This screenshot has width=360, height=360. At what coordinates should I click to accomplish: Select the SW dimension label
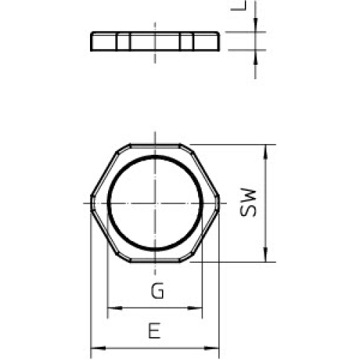(248, 204)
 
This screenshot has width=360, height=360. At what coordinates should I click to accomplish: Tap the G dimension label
(156, 292)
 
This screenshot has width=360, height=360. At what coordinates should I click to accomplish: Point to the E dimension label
(153, 332)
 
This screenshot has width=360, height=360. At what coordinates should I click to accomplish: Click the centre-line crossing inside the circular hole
(154, 203)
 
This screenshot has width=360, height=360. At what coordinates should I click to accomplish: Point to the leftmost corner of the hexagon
(90, 203)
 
